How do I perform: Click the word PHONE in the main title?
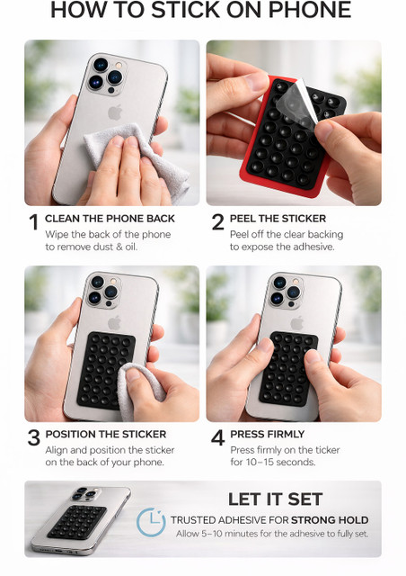coord(310,10)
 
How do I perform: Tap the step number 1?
coord(34,222)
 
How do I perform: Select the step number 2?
coord(218,222)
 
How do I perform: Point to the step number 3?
coord(34,437)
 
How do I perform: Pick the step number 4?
coord(218,437)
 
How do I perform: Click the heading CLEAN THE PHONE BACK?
coord(110,219)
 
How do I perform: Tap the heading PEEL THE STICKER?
coord(278,219)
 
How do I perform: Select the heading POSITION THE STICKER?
coord(106,434)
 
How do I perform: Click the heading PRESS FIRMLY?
coord(267,434)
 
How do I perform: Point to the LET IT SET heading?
coord(275,499)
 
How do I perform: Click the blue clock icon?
coord(151,522)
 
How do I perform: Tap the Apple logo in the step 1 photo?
coord(115,112)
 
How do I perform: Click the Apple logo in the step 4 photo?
coord(297,323)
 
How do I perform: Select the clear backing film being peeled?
coord(296,104)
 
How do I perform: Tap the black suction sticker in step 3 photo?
coord(106,370)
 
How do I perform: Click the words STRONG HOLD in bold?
coord(330,520)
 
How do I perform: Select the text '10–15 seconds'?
coord(280,462)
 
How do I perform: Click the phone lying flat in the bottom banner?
coord(81,521)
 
